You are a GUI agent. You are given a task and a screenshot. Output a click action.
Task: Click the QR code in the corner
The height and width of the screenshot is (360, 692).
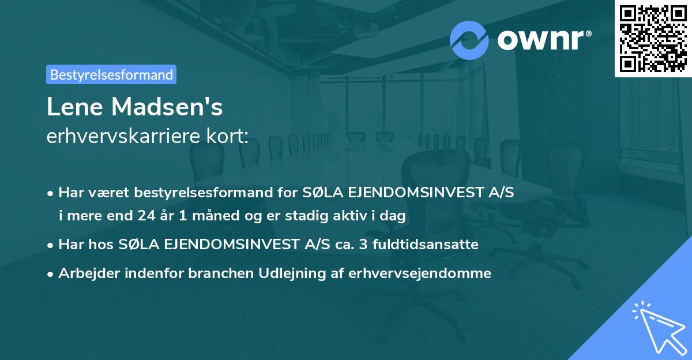[x=653, y=39]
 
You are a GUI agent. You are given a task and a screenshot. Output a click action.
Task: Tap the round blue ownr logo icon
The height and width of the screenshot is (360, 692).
[x=469, y=40]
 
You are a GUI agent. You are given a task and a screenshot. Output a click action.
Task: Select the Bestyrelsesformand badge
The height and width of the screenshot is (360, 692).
[x=111, y=74]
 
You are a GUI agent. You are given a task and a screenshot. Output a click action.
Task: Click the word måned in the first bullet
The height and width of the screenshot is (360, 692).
[x=199, y=216]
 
